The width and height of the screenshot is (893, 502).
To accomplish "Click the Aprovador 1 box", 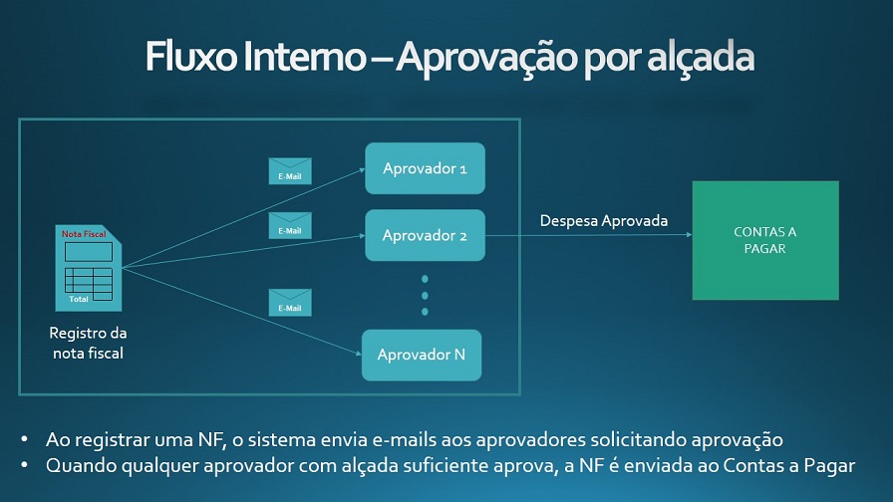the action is (x=425, y=168).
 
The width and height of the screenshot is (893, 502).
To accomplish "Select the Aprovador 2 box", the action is (x=425, y=235).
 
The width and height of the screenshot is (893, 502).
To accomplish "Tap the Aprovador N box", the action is (x=422, y=356).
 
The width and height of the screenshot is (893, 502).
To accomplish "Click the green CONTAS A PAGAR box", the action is (x=765, y=240).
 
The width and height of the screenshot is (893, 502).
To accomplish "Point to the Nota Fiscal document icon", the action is (x=89, y=268).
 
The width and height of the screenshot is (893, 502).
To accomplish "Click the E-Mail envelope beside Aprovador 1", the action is (x=290, y=171).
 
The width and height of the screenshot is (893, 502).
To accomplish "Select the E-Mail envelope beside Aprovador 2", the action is (x=290, y=225).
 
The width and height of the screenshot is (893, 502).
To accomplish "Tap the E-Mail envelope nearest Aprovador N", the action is (x=290, y=302).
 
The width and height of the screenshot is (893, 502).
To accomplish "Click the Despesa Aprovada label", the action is (x=604, y=221).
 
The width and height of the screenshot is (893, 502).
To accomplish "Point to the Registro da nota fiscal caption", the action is (x=88, y=343).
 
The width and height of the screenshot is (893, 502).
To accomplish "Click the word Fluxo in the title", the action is (x=190, y=57).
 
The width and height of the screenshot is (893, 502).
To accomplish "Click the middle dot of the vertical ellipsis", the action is (x=425, y=296).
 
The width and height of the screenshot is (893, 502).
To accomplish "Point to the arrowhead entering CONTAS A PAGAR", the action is (x=689, y=234).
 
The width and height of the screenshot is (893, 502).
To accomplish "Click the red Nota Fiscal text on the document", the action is (x=84, y=234).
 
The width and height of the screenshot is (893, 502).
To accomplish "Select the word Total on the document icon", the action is (x=79, y=299).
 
